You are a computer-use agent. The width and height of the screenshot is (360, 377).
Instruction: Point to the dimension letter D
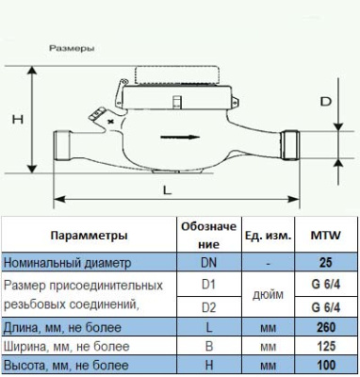point(324,100)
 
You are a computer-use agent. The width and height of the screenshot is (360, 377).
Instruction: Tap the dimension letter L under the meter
point(167,189)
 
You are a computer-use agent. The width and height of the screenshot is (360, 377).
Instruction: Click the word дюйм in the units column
point(268,294)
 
